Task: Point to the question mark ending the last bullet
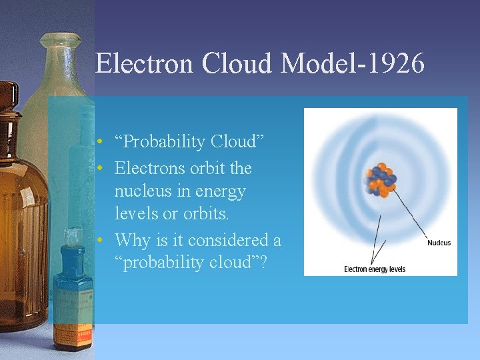pos(263,263)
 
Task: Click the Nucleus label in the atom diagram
pos(439,243)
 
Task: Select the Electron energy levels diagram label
pos(374,269)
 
